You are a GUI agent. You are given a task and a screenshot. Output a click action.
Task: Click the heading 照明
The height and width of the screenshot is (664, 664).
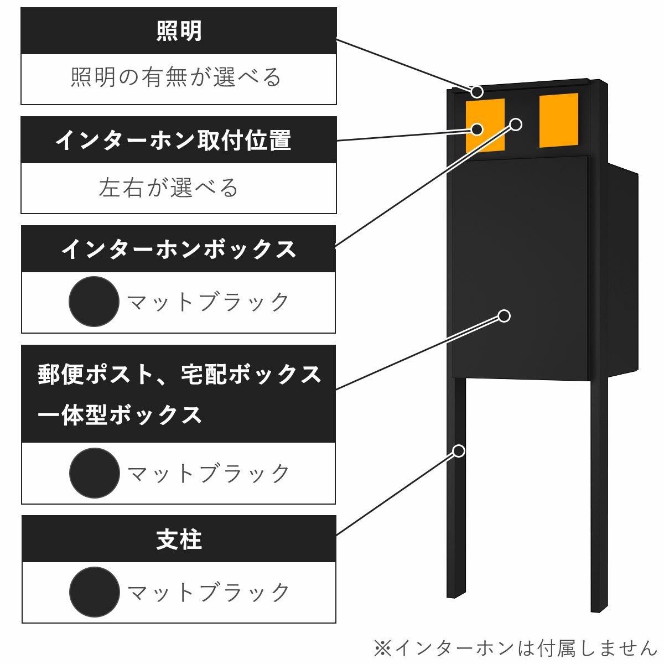point(179,31)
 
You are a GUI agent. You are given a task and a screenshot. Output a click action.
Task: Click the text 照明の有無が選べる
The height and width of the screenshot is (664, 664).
point(177,77)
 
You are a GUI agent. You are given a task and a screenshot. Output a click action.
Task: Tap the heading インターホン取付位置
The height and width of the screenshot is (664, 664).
point(173,141)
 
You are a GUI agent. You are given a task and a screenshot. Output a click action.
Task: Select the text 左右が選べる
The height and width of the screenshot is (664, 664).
point(168,188)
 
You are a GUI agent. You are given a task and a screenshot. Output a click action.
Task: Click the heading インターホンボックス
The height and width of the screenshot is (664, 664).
point(179,250)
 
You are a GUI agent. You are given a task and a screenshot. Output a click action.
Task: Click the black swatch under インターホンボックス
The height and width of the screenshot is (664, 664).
point(94,302)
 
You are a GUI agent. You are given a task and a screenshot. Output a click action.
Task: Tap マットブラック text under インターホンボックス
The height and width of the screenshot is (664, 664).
point(208,302)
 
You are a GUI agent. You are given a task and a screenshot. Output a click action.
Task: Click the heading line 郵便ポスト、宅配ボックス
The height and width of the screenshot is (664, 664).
point(179,375)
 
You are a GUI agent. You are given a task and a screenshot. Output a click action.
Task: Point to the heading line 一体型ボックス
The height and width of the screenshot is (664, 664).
point(120,415)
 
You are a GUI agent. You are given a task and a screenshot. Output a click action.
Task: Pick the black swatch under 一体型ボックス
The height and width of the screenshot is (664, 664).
point(94,473)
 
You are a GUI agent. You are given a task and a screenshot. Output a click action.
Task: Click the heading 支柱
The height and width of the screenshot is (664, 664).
point(179,539)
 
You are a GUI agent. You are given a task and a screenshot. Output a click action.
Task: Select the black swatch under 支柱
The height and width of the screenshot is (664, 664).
point(94,592)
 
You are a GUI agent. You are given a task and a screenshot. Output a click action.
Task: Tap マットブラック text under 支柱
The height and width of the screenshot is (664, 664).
point(208,593)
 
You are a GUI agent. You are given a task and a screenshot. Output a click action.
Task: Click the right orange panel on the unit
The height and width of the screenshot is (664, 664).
point(559,120)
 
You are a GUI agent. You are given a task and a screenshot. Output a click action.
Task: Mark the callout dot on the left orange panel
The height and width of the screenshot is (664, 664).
point(477,129)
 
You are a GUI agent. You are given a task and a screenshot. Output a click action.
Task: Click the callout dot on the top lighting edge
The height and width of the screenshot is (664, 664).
point(477,91)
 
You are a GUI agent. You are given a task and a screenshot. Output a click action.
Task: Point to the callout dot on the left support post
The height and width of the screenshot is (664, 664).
point(459,451)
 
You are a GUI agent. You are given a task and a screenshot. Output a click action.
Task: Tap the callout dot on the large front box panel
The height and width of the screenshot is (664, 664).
point(504,316)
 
